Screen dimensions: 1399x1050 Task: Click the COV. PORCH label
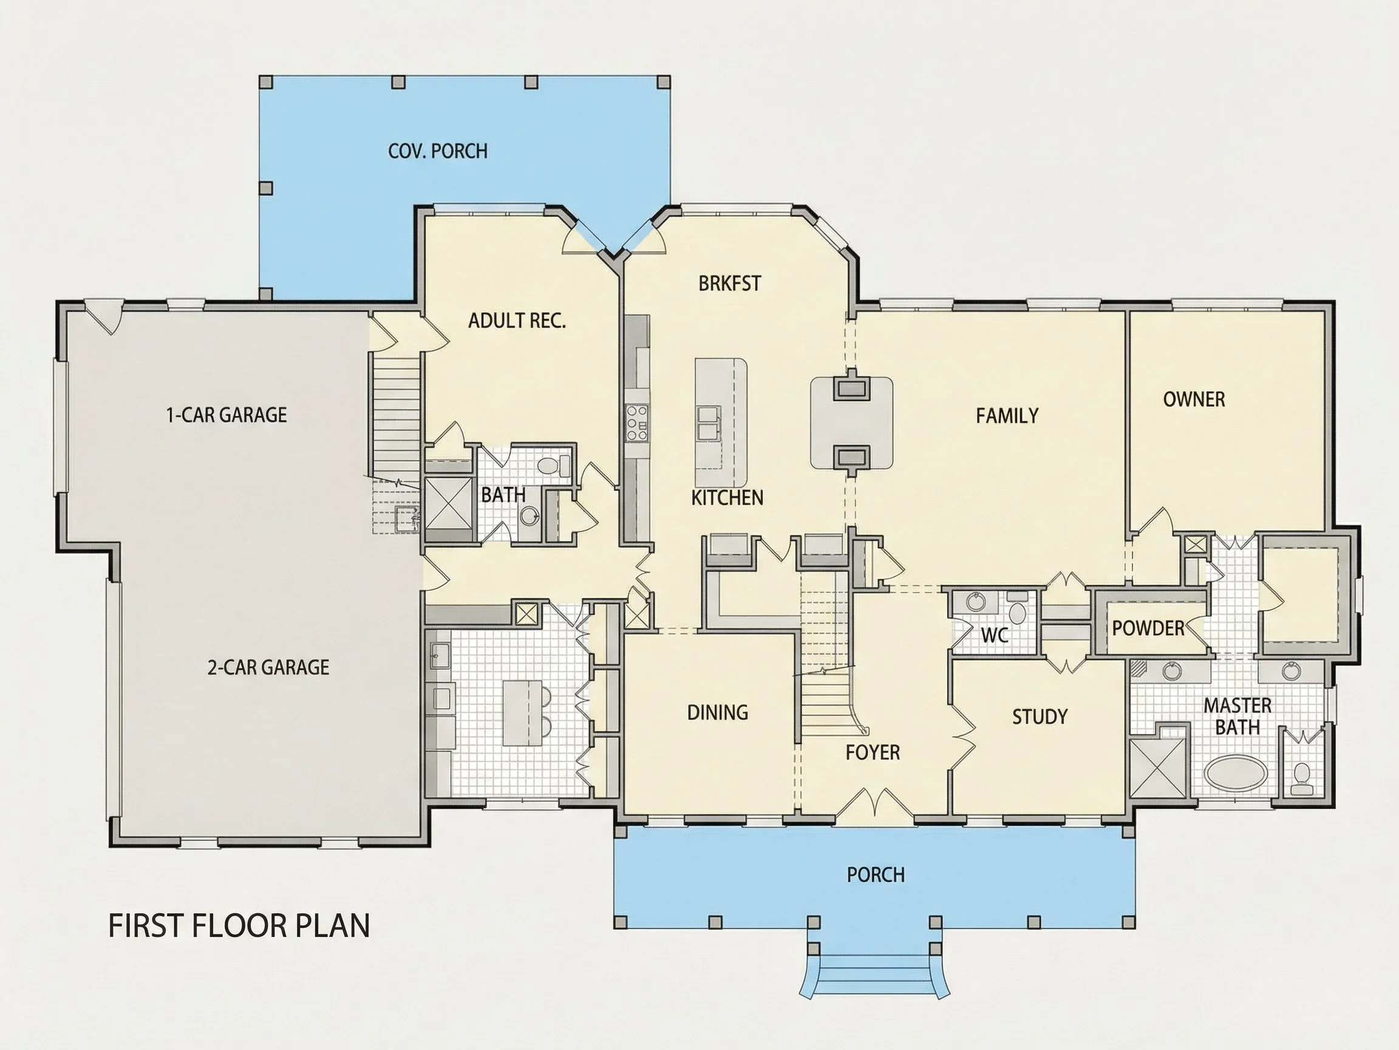click(438, 151)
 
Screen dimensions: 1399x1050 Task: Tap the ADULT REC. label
click(517, 321)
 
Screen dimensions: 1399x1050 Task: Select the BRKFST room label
click(729, 284)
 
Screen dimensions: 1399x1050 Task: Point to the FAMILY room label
click(1007, 415)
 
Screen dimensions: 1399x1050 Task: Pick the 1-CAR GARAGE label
click(226, 415)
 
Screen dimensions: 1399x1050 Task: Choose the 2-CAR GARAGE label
click(268, 667)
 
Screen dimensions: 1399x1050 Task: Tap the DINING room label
click(718, 713)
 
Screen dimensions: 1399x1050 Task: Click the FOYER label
click(873, 752)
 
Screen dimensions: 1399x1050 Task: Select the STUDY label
click(1040, 717)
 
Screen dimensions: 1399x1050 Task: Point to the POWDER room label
click(1148, 628)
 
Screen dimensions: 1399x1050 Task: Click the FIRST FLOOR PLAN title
click(239, 926)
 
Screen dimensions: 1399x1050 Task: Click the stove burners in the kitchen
click(636, 423)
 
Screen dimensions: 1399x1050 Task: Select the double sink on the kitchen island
click(708, 423)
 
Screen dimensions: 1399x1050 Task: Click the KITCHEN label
click(727, 498)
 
